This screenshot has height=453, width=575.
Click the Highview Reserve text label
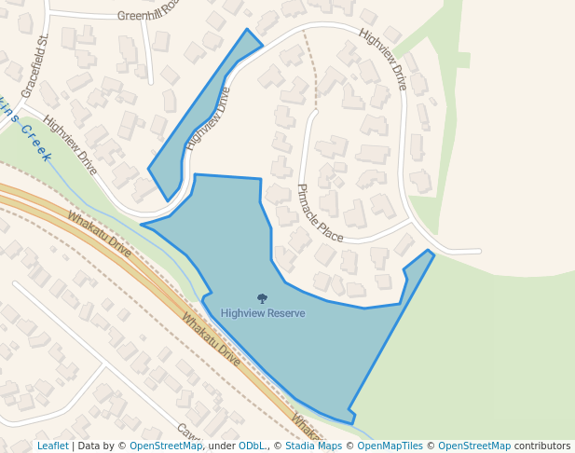(263, 313)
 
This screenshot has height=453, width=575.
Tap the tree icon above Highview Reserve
(262, 299)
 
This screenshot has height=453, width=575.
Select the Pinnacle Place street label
(320, 213)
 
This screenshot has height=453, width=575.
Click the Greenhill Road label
(147, 16)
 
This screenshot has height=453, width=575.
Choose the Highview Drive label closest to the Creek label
(70, 145)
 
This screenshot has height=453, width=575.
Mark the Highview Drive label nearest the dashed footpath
(382, 61)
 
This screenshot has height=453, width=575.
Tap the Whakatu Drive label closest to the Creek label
(99, 234)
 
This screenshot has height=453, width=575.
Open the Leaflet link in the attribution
(53, 446)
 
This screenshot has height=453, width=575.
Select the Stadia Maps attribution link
(314, 446)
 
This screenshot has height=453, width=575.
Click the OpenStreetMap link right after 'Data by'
(166, 446)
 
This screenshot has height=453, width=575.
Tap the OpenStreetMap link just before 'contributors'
(473, 446)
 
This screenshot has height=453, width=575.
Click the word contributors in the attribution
(542, 446)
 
